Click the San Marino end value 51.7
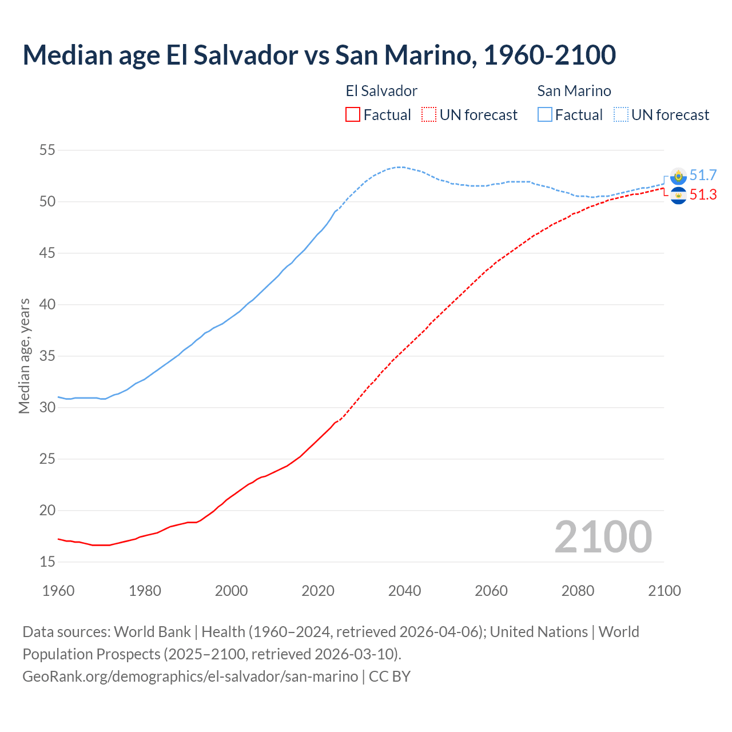coord(703,176)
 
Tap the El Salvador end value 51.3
coord(703,195)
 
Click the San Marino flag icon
coord(678,176)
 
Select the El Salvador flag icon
coord(678,196)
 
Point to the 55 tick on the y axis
coord(47,150)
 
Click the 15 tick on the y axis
coord(47,562)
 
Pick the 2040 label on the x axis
coord(404,591)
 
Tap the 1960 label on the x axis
coord(58,591)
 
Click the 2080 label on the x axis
coord(578,591)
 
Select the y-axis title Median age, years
coord(24,356)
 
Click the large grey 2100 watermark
coord(603,537)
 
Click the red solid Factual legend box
coord(353,115)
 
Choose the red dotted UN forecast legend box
coord(429,115)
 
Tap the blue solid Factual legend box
coord(545,115)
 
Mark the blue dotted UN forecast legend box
coord(621,115)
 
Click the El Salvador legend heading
coord(381,91)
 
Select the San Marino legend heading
coord(574,91)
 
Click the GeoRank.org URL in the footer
coord(190,677)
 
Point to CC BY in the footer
coord(389,677)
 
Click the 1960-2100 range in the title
coord(550,55)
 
